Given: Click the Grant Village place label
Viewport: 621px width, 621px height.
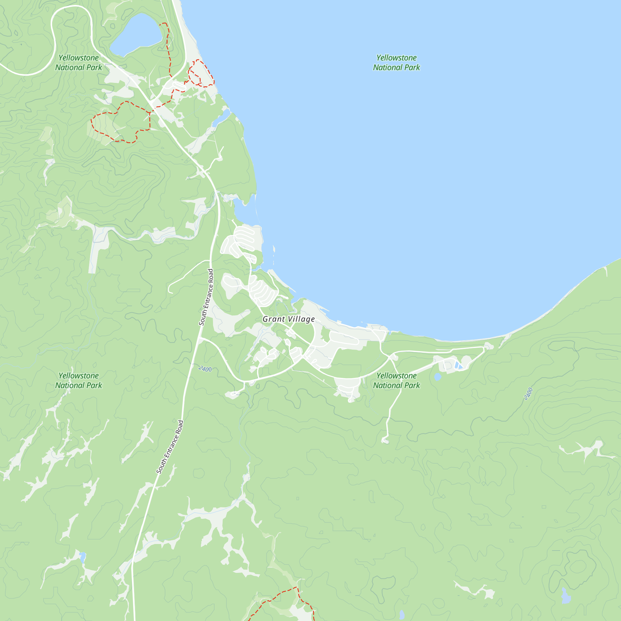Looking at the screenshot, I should point(288,319).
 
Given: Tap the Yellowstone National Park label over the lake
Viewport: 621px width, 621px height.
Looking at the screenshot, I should point(396,63).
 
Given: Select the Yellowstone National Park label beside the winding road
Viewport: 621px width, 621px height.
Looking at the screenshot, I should point(79,63).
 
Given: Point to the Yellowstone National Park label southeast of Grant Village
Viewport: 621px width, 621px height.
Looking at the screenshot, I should point(396,381).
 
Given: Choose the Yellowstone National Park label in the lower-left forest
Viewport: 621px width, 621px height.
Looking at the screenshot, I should point(79,381).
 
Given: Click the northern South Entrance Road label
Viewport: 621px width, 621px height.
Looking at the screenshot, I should point(206,297).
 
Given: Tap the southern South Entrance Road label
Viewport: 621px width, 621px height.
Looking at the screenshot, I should point(170,447).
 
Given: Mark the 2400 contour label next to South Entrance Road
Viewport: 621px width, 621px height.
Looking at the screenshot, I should point(205,369).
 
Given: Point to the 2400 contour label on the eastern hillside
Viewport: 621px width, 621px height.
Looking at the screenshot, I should point(528,394).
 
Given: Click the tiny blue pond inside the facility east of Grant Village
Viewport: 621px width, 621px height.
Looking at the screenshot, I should point(458,365).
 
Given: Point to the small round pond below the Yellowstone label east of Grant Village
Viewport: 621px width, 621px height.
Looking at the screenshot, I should point(437,377).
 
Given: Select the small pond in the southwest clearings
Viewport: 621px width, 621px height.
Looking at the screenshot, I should point(83,557).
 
